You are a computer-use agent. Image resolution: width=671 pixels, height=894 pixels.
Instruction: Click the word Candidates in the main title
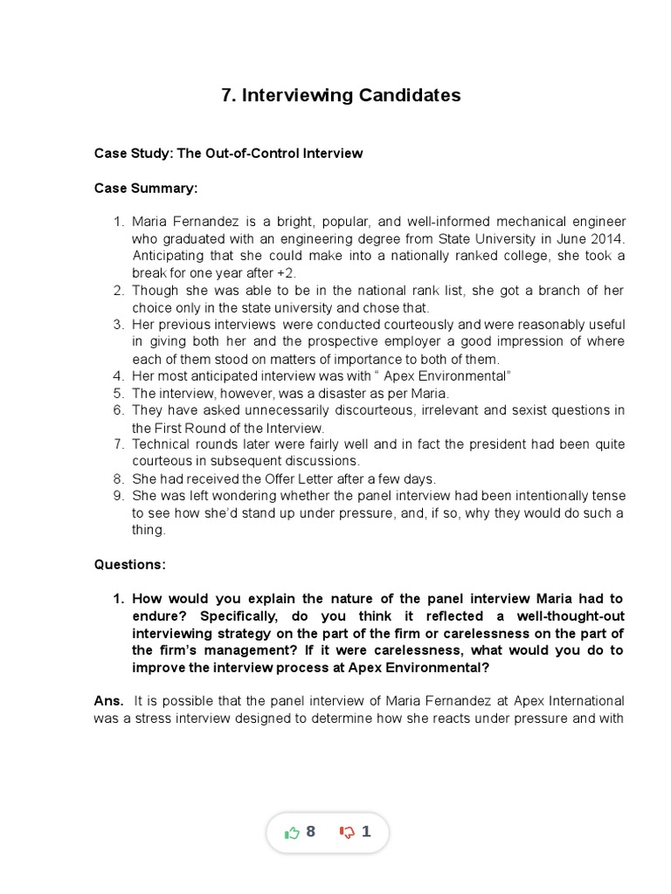coord(406,95)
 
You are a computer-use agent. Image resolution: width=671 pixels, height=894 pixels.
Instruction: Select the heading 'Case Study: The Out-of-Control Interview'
coord(228,153)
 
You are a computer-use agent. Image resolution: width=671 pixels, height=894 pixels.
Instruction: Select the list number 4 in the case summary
coord(120,375)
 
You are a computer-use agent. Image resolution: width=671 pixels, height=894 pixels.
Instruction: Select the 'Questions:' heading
coord(129,564)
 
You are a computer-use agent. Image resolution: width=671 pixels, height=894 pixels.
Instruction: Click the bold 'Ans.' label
coord(108,701)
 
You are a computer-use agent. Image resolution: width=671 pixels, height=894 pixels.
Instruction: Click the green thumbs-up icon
coord(292,833)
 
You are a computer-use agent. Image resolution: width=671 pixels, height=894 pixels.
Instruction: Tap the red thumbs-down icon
coord(347,833)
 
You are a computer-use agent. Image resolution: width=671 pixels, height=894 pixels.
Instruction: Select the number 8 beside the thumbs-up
coord(310,832)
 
